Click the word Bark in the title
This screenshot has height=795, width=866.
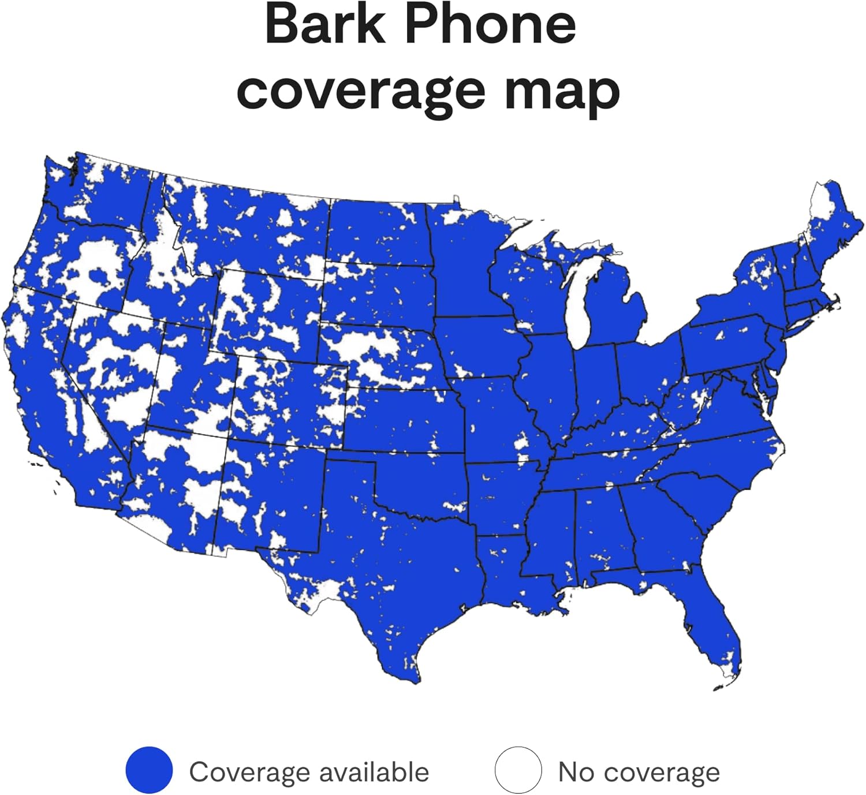(x=324, y=24)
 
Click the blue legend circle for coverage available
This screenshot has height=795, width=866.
(x=149, y=770)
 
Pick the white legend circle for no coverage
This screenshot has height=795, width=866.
(x=518, y=770)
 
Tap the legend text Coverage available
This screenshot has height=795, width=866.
(x=309, y=772)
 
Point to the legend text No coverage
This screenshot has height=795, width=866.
(x=639, y=772)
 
